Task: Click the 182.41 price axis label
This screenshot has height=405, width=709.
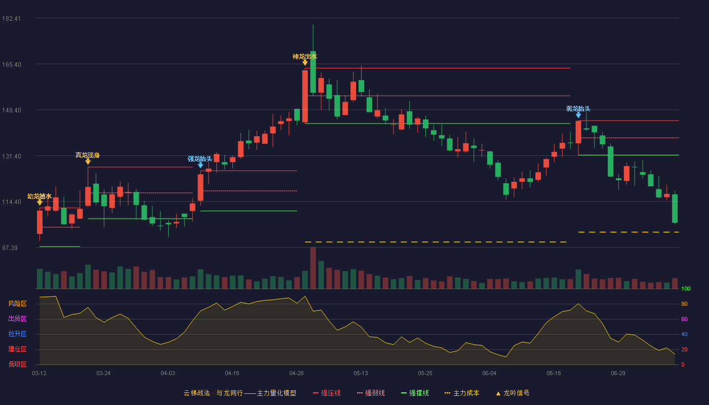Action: click(x=11, y=19)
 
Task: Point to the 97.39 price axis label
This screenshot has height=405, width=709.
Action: click(x=10, y=248)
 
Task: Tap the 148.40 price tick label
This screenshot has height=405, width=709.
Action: click(x=11, y=110)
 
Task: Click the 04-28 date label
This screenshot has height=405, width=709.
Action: click(x=296, y=374)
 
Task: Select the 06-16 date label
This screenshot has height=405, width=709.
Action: click(x=554, y=374)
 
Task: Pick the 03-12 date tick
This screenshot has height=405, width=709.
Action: click(x=40, y=374)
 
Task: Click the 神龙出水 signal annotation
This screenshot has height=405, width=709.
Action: click(x=304, y=57)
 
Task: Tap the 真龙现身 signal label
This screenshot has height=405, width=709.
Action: click(x=87, y=155)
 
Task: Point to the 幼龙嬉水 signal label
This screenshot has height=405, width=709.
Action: click(x=40, y=196)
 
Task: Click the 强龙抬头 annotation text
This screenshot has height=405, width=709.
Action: click(x=200, y=159)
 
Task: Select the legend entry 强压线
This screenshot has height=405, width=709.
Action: click(x=327, y=393)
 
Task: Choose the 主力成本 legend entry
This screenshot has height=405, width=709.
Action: click(x=462, y=393)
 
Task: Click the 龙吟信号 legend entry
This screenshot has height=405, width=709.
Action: click(x=513, y=393)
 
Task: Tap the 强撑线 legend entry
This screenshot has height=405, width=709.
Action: click(x=415, y=393)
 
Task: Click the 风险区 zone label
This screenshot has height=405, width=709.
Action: click(x=17, y=303)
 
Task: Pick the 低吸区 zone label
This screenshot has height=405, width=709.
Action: click(x=17, y=364)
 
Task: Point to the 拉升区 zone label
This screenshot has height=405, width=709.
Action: click(x=17, y=334)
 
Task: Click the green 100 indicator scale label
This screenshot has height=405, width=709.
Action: click(x=686, y=289)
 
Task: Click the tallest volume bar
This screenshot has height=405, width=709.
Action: click(x=313, y=268)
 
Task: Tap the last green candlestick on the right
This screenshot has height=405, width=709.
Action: click(x=675, y=209)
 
